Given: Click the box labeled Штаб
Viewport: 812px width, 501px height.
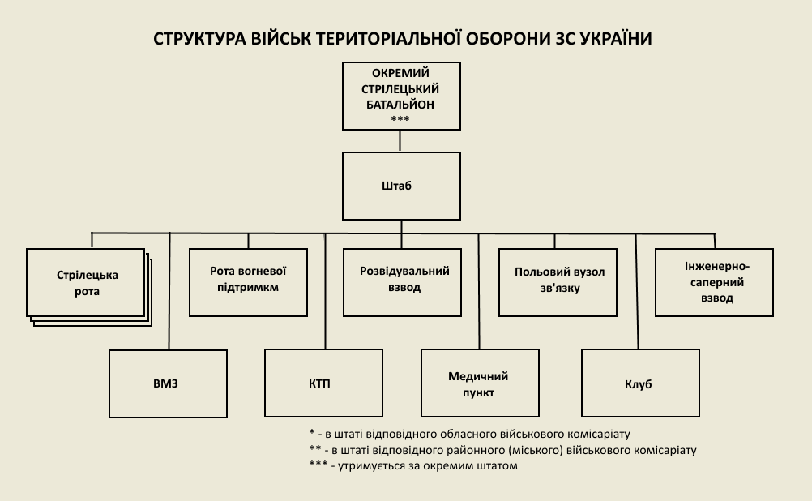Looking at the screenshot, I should coord(401,186).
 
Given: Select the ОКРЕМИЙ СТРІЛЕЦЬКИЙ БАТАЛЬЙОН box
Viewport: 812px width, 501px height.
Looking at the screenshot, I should coord(401,95).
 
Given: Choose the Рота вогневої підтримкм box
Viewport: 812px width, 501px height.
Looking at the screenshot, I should coord(248,280).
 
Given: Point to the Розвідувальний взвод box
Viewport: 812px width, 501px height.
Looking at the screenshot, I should coord(403,280).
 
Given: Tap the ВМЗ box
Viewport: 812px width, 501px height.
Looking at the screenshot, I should coord(168,383).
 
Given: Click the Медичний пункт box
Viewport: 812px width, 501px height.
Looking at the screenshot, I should coord(480,383).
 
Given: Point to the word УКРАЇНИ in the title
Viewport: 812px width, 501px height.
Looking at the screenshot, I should coord(618,39).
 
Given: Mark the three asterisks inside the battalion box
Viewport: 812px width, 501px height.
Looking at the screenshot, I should coord(400,120).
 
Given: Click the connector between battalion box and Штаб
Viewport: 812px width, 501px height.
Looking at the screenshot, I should coord(401,141).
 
